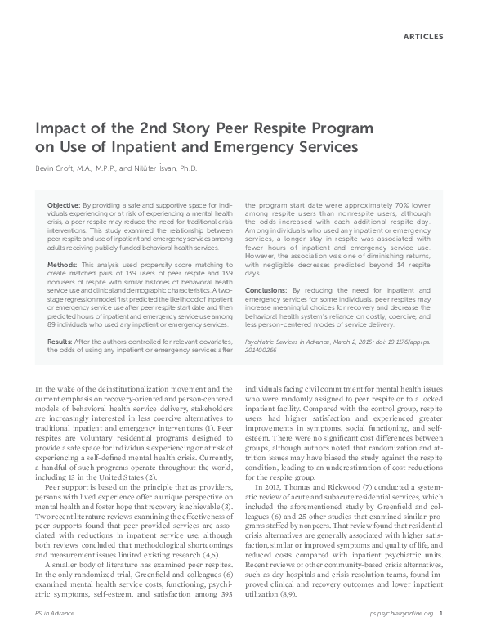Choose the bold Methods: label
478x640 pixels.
(x=63, y=266)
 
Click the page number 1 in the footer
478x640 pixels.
(x=440, y=633)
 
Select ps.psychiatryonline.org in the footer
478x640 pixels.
(x=401, y=633)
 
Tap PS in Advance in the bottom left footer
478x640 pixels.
(x=51, y=633)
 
